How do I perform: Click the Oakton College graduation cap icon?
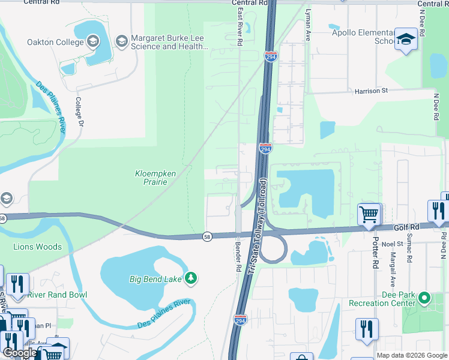[92, 42]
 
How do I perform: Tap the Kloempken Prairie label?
[154, 178]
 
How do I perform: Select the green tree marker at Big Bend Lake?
[191, 277]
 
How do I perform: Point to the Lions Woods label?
[38, 247]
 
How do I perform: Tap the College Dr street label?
[79, 112]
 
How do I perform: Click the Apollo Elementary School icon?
[406, 40]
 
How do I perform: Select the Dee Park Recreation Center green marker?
[425, 298]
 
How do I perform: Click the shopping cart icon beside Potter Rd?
[369, 214]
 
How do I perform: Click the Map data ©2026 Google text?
[412, 355]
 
